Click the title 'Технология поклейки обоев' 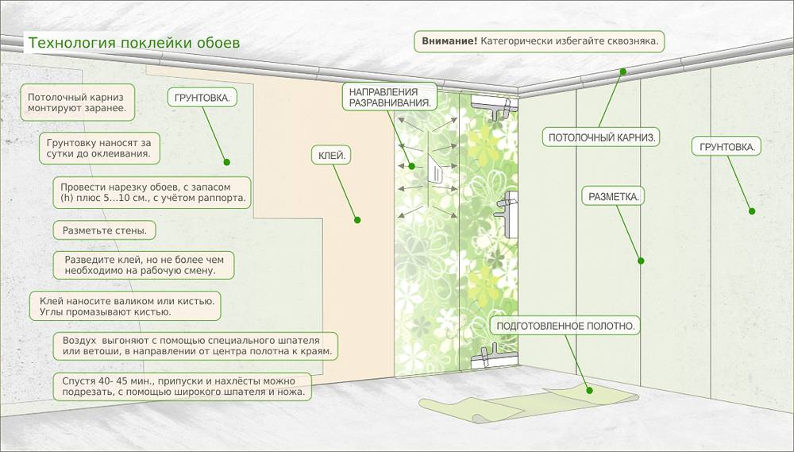point(133,42)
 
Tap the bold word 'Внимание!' point(449,41)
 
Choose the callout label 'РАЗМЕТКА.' point(614,195)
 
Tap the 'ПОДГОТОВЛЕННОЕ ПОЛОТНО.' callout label point(567,326)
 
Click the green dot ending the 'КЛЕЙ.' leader point(357,220)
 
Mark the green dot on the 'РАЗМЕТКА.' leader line point(640,260)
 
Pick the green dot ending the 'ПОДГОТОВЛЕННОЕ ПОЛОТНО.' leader point(589,389)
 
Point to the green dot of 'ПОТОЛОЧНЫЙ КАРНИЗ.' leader point(623,71)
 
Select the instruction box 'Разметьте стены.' point(104,230)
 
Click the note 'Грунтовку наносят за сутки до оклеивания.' point(98,147)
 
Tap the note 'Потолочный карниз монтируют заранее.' point(76,101)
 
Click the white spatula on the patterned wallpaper point(435,170)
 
